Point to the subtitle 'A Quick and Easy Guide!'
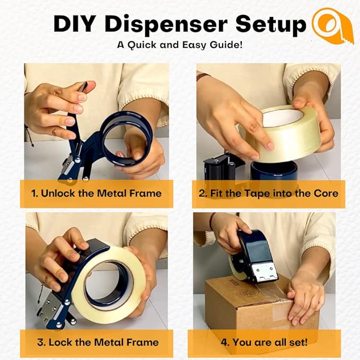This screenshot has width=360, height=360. (180, 45)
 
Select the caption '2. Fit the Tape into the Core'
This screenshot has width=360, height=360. (268, 194)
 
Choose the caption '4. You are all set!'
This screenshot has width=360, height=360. (268, 342)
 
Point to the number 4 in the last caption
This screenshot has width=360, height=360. (224, 342)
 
